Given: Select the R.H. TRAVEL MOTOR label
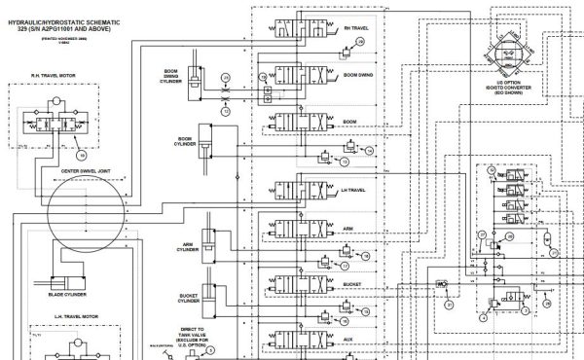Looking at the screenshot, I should pos(54,74).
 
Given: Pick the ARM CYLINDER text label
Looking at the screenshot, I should pos(189,248).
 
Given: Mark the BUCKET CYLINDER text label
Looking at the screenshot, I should pos(189,297).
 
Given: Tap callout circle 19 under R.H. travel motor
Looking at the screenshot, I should pos(81,154).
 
